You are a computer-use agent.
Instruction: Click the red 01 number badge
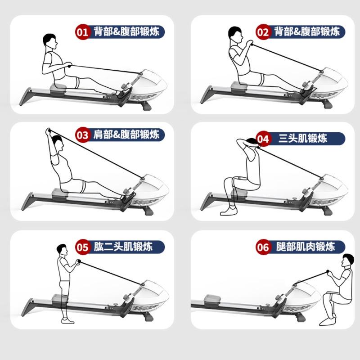coord(82,32)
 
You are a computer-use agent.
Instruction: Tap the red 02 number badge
coord(263,32)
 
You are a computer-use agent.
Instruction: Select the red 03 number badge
coord(82,135)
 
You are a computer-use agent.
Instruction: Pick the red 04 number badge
coord(263,139)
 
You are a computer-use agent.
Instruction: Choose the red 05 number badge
coord(82,247)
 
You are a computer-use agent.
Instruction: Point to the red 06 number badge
coord(263,247)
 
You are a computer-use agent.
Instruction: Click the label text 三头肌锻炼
coord(302,139)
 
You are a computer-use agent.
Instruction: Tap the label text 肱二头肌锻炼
coord(123,247)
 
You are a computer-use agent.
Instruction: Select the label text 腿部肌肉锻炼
coord(306,247)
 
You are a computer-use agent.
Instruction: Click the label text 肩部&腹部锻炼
coord(126,135)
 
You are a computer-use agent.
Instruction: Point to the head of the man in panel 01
coord(50,41)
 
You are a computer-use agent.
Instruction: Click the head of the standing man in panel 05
coord(63,250)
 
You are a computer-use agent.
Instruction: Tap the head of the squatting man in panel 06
coord(347,260)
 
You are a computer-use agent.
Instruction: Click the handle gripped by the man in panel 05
coord(79,261)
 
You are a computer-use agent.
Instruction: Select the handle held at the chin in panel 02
coord(251,43)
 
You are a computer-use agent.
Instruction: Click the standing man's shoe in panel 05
coord(68,321)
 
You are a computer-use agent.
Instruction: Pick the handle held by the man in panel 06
coord(328,272)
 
